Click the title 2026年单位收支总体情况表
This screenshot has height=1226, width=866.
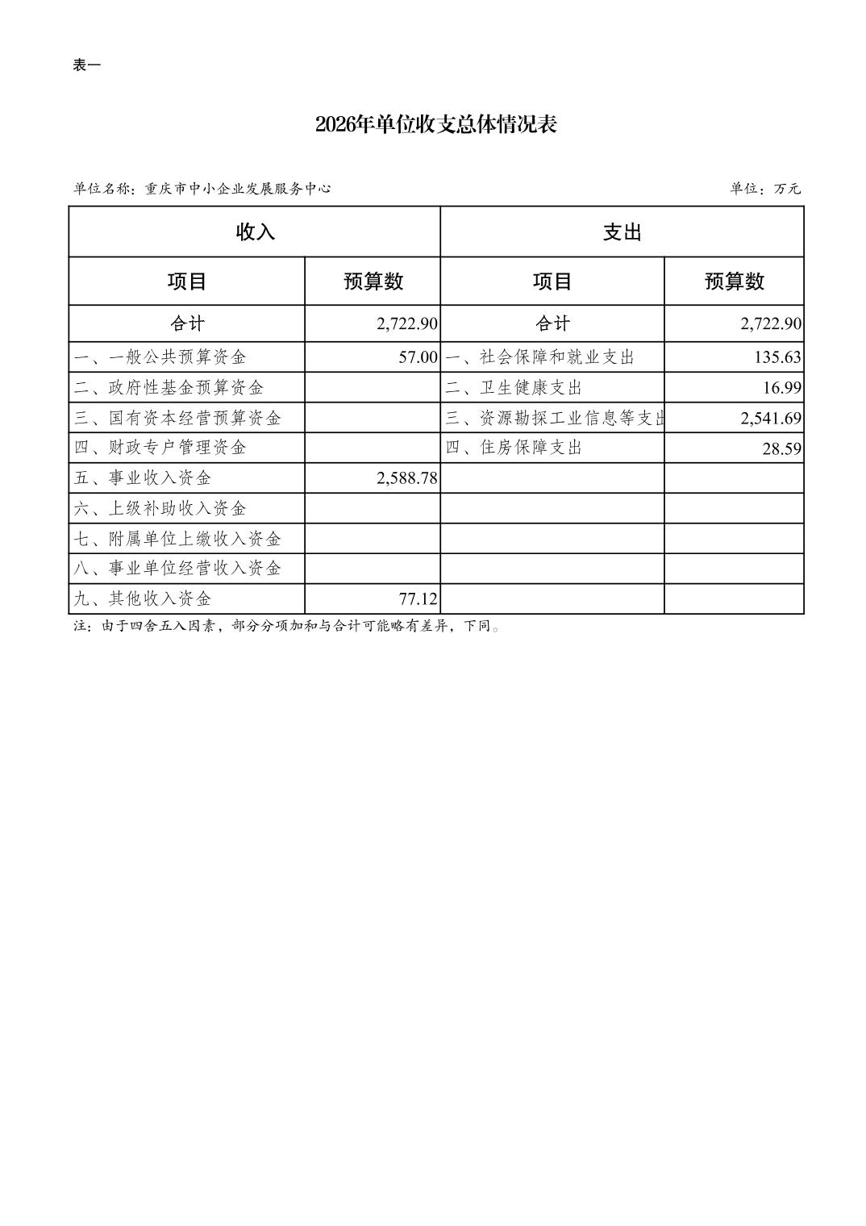click(x=435, y=125)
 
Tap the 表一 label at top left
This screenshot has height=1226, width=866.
click(x=87, y=66)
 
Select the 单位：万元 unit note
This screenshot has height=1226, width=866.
click(x=765, y=189)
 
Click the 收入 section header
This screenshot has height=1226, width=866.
click(x=255, y=232)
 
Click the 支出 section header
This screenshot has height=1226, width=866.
click(x=622, y=232)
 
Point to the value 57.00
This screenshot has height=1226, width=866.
click(x=418, y=357)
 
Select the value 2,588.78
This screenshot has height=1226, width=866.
click(x=406, y=478)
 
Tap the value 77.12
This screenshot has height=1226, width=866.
click(x=418, y=599)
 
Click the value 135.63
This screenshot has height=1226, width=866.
click(x=777, y=357)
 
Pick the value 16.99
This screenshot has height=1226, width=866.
click(x=782, y=388)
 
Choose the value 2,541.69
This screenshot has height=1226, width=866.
click(x=771, y=418)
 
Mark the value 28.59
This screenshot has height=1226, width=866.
click(x=782, y=448)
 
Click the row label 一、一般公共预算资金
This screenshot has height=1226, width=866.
click(x=160, y=357)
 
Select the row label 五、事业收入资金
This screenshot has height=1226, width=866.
click(x=143, y=478)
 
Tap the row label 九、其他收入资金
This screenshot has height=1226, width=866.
click(x=143, y=599)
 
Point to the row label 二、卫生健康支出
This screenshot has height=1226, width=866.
click(x=514, y=388)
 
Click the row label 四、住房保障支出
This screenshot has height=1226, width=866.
click(x=514, y=448)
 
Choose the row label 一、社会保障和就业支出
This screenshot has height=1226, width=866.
click(x=540, y=357)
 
